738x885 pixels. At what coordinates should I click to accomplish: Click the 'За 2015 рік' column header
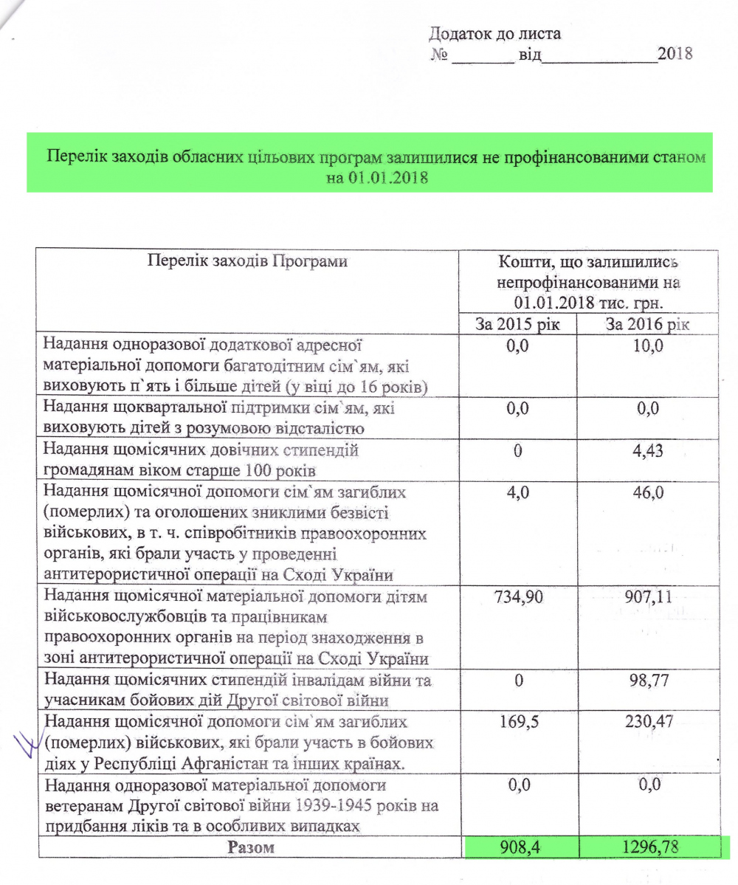(518, 324)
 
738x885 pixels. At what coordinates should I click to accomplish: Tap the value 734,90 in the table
(519, 596)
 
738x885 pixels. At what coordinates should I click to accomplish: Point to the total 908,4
(519, 848)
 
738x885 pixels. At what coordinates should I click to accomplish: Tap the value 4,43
(649, 450)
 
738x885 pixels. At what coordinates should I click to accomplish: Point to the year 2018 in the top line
(675, 55)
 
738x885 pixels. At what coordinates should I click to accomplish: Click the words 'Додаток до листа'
(495, 34)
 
